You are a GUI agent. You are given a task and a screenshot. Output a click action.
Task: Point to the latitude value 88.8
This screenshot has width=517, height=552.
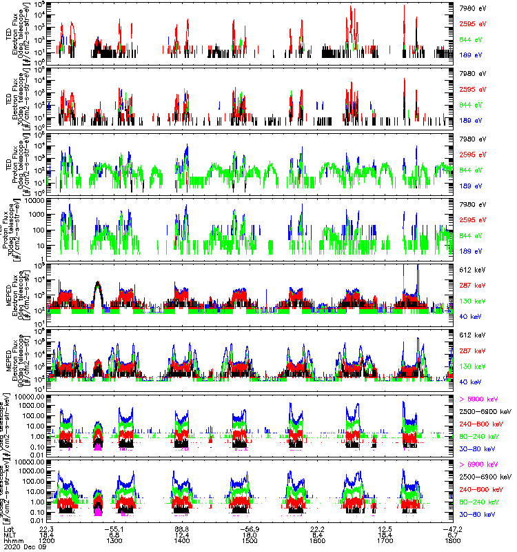coord(183,526)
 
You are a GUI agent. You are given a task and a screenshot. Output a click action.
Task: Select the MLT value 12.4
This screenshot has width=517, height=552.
coord(183,533)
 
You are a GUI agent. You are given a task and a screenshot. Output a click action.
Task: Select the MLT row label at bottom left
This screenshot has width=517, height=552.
coord(9,533)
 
